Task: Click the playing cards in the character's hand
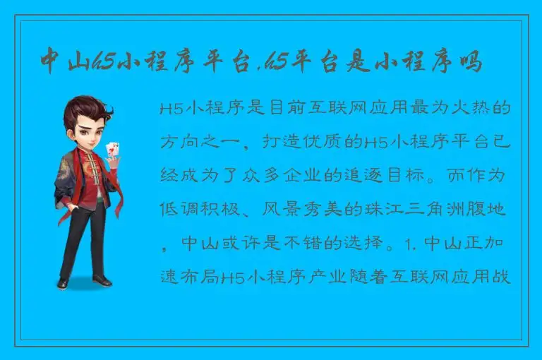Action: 110,150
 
